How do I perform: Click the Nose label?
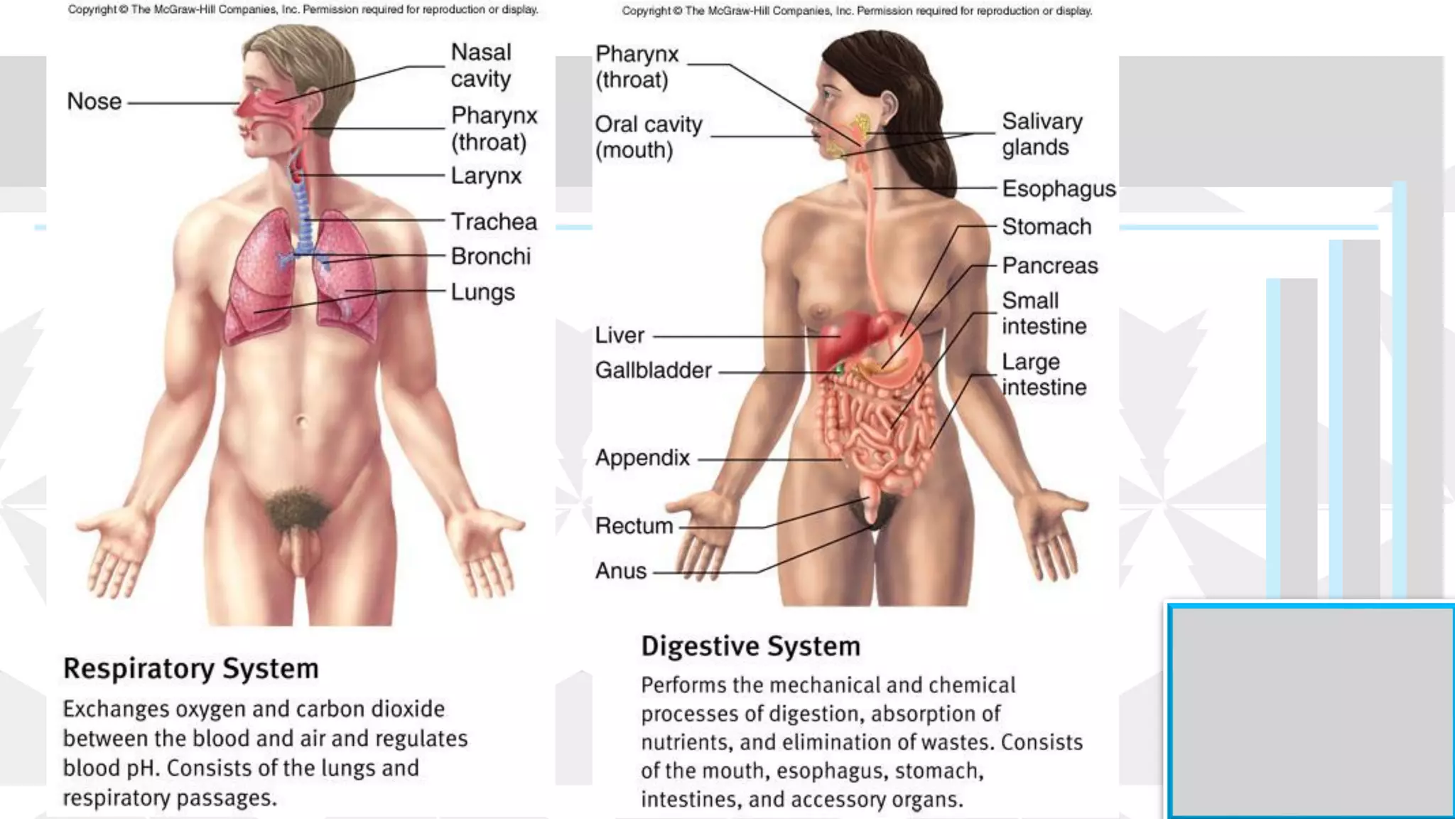pos(94,102)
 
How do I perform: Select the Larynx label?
pos(486,176)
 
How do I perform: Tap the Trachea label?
pos(494,222)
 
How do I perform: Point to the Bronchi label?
pos(490,257)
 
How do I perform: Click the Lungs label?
pos(482,292)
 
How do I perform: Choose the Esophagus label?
pos(1058,189)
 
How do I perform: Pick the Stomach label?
pos(1046,227)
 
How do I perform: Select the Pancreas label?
pos(1049,266)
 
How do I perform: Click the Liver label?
pos(620,336)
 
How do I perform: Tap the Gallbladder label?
pos(653,370)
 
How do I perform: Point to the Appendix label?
pos(642,458)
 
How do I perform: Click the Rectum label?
pos(634,526)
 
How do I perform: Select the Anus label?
pos(621,571)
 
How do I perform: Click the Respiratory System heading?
pos(190,669)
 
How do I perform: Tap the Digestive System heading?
pos(750,646)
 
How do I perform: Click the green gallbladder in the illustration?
pos(839,369)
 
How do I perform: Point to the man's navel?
pos(301,422)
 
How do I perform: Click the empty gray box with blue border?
pos(1311,711)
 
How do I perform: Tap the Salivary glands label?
pos(1042,134)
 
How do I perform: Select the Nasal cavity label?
pos(481,65)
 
